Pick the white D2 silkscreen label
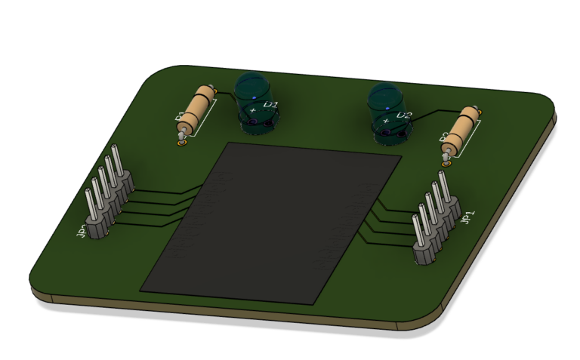[x=403, y=116]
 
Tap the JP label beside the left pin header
[x=82, y=229]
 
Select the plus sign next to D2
[x=386, y=120]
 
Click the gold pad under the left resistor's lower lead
[x=180, y=143]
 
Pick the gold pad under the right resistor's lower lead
[x=445, y=159]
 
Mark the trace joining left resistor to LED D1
[x=227, y=97]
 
